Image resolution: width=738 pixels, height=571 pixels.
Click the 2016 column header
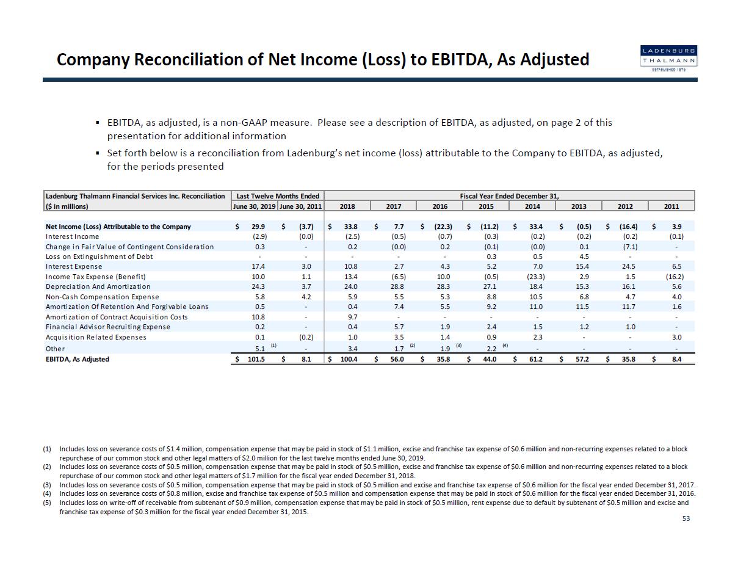pyautogui.click(x=440, y=206)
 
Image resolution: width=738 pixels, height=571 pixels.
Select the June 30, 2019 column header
pyautogui.click(x=254, y=206)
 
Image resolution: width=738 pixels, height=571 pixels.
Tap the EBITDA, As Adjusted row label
pyautogui.click(x=78, y=359)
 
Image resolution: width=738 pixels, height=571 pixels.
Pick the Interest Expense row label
pyautogui.click(x=74, y=267)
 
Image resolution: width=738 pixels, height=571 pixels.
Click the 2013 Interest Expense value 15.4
pyautogui.click(x=582, y=267)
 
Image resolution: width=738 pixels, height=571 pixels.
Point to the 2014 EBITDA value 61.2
pyautogui.click(x=535, y=359)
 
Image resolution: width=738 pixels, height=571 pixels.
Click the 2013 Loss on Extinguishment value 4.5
pyautogui.click(x=584, y=256)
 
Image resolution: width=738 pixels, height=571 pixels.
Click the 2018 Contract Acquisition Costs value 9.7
pyautogui.click(x=352, y=317)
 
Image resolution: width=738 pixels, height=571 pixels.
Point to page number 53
pyautogui.click(x=687, y=518)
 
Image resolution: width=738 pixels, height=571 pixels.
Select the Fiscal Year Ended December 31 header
pyautogui.click(x=509, y=196)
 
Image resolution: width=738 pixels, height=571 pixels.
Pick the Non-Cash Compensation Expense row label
pyautogui.click(x=102, y=297)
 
